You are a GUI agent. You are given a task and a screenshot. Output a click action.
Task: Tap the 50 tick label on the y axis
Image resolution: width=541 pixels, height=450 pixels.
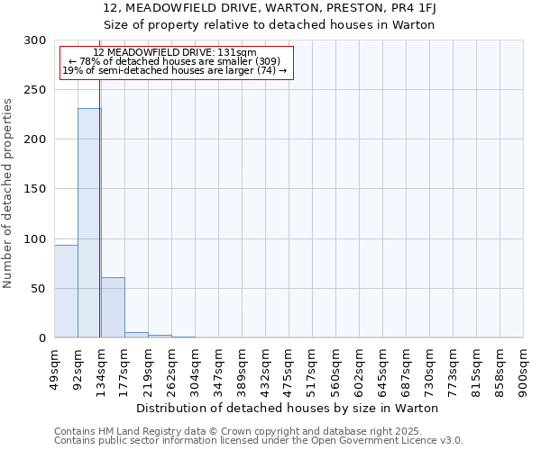(38, 289)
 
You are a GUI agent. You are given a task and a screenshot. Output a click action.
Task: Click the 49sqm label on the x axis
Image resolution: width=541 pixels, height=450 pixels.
(55, 367)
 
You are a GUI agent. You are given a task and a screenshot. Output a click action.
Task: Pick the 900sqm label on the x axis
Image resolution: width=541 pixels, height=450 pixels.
(524, 367)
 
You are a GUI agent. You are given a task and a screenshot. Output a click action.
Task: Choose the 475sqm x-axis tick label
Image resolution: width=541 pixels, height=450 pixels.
(289, 367)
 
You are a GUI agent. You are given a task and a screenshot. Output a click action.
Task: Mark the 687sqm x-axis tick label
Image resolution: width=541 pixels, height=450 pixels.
(407, 367)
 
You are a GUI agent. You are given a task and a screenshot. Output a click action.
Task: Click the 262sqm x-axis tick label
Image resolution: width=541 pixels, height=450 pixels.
(172, 367)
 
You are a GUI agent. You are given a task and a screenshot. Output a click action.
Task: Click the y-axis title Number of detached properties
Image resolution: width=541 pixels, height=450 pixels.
(8, 189)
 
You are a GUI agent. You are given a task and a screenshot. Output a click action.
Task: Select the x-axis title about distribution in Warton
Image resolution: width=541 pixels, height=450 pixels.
(289, 408)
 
